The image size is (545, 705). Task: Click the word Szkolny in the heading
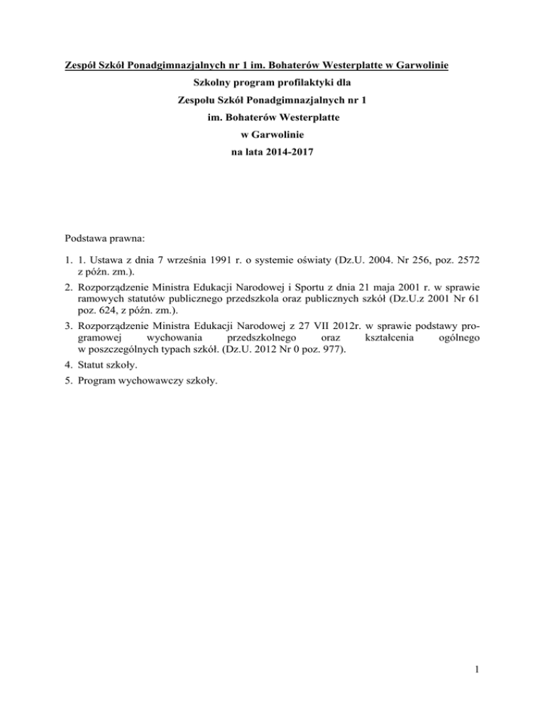click(x=213, y=87)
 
